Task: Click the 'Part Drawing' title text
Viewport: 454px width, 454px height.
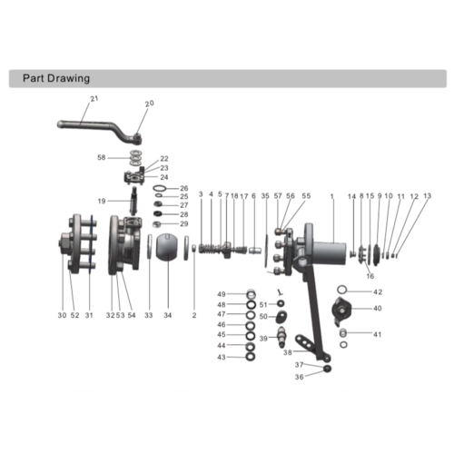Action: pyautogui.click(x=54, y=79)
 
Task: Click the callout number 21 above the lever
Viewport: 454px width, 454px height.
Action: pyautogui.click(x=94, y=98)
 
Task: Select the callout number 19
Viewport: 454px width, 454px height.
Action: pyautogui.click(x=103, y=201)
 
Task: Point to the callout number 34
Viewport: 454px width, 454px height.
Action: pyautogui.click(x=167, y=315)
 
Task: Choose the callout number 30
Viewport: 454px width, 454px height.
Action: pyautogui.click(x=62, y=315)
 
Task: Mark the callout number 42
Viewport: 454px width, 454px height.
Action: pyautogui.click(x=378, y=292)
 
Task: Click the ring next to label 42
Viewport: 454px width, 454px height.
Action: pyautogui.click(x=343, y=291)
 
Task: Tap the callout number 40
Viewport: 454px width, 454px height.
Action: pyautogui.click(x=378, y=309)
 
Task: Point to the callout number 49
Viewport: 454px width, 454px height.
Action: pyautogui.click(x=221, y=294)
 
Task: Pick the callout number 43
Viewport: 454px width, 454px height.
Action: pyautogui.click(x=221, y=357)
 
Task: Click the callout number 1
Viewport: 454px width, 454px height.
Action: pyautogui.click(x=332, y=196)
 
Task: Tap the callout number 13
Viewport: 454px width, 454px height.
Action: pyautogui.click(x=427, y=196)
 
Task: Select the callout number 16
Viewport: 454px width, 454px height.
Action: pyautogui.click(x=370, y=275)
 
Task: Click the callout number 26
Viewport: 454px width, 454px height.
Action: pyautogui.click(x=183, y=188)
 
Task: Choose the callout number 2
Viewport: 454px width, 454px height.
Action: pyautogui.click(x=193, y=315)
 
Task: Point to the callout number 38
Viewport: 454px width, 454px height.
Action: pyautogui.click(x=288, y=351)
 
